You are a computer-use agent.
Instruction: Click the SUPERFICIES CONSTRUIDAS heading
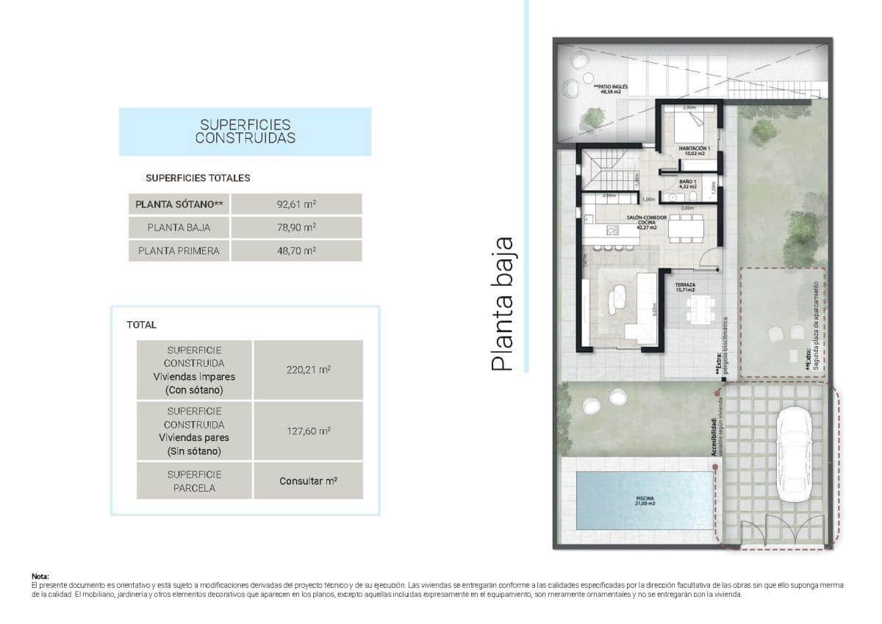[x=245, y=132]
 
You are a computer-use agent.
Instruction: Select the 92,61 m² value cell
[x=296, y=204]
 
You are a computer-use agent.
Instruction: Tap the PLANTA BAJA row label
[x=179, y=227]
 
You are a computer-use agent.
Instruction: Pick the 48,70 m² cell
[x=296, y=251]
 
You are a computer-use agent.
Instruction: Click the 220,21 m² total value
[x=308, y=370]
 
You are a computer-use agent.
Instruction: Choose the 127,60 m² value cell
[x=308, y=431]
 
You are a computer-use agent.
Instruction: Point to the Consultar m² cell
[x=308, y=481]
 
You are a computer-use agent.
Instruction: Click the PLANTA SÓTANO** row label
[x=179, y=204]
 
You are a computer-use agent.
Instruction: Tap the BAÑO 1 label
[x=687, y=184]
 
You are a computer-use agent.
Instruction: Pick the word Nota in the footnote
[x=40, y=577]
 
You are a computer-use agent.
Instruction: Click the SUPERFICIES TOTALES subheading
[x=198, y=178]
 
